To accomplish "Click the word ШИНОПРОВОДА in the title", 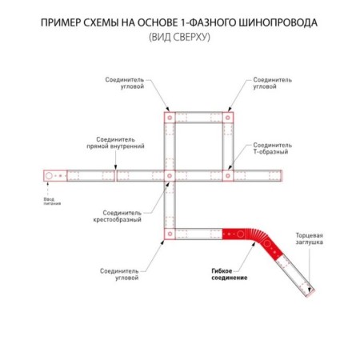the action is pos(277,23).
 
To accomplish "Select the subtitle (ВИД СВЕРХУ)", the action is pos(179,37).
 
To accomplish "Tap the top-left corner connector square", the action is pos(170,118).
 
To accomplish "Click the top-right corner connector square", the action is pos(228,118).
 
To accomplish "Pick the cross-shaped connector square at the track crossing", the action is pos(170,176).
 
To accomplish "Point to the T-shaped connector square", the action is pos(228,176).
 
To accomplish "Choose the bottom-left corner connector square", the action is pos(170,234).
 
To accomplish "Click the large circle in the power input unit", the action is pos(49,176).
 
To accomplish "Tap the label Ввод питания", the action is pos(52,202).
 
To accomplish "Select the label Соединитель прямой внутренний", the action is pos(115,142).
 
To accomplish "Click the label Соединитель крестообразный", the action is pos(118,216).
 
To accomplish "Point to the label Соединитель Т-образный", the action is pos(272,148).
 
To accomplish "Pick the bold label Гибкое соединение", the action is pos(230,274).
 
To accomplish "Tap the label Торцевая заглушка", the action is pos(309,238).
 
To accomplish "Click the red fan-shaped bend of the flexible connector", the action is pos(254,235).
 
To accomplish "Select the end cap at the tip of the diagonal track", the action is pos(310,294).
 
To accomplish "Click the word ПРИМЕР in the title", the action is pos(60,23).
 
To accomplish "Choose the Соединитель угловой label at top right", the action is pos(272,83).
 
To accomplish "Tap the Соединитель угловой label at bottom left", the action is pos(119,274).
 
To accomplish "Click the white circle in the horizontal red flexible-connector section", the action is pos(240,234).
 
